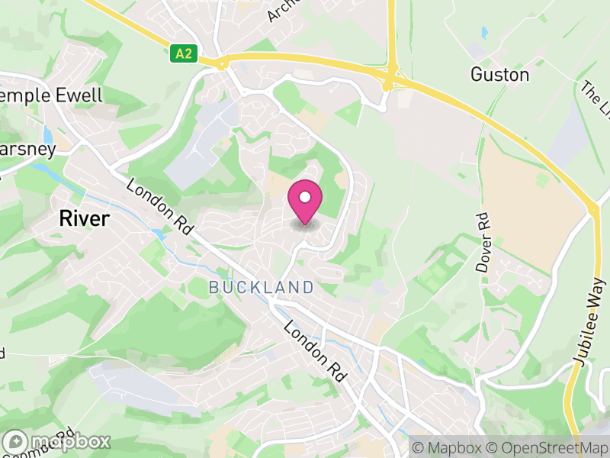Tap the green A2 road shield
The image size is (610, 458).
[182, 53]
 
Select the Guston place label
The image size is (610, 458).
[499, 75]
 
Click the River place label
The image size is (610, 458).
[84, 219]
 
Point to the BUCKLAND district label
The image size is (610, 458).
[262, 288]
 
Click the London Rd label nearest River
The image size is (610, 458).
[160, 206]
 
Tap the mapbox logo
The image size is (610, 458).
[57, 441]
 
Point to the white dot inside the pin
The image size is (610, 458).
[305, 197]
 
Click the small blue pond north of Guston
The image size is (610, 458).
[484, 33]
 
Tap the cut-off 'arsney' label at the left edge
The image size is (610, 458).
[27, 148]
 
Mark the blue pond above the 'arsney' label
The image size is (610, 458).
[48, 135]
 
